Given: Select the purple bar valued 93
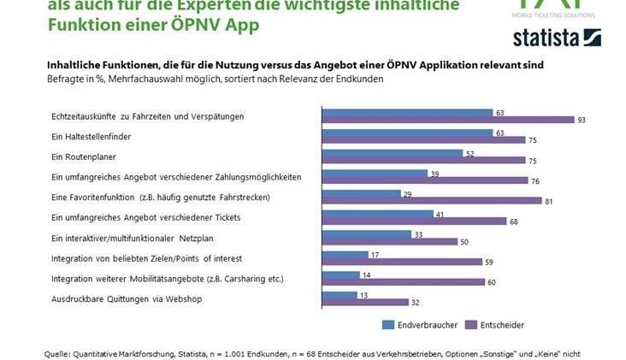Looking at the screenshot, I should pyautogui.click(x=445, y=121).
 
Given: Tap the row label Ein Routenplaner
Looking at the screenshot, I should pyautogui.click(x=84, y=157).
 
